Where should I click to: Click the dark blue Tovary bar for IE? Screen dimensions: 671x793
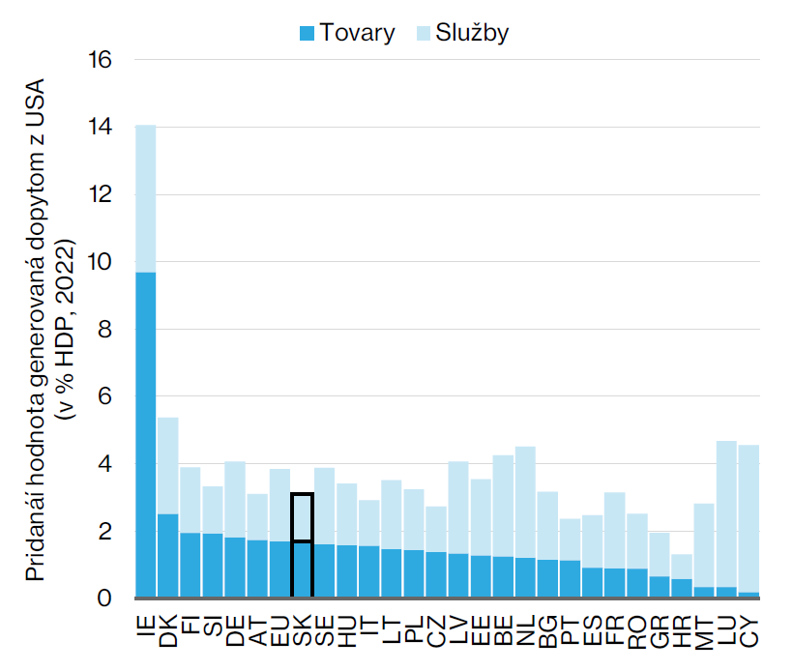click(x=146, y=435)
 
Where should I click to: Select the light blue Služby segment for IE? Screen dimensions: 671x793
click(x=146, y=198)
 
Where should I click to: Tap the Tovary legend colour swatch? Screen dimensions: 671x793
click(x=308, y=34)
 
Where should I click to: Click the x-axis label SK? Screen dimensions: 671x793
click(x=303, y=625)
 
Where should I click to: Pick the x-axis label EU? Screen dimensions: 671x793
click(x=280, y=625)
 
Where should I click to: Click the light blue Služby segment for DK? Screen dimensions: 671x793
click(x=168, y=465)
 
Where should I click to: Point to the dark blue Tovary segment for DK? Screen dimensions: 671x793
click(x=168, y=556)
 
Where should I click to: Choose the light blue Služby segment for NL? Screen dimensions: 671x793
click(x=526, y=502)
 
